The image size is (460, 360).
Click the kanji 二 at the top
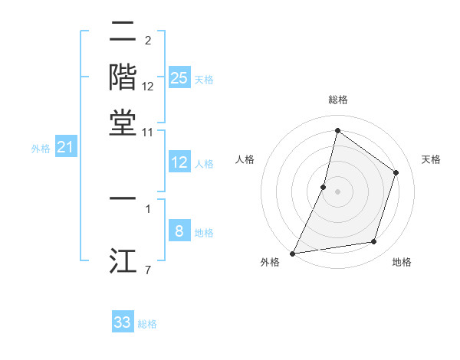[123, 32]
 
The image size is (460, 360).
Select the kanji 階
[123, 77]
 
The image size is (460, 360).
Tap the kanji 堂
[123, 122]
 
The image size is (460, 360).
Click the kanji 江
[123, 260]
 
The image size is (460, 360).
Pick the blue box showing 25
[179, 78]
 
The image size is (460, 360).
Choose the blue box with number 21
[65, 147]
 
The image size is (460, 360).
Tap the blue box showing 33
[123, 322]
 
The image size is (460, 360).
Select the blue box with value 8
[179, 231]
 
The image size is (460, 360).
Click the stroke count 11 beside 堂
[147, 133]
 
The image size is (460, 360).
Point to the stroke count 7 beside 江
[147, 270]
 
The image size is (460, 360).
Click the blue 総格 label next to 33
[147, 324]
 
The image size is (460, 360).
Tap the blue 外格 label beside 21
[40, 149]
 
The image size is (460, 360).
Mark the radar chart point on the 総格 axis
[337, 130]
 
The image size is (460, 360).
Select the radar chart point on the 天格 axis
[396, 172]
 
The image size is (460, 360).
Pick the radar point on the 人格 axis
[324, 187]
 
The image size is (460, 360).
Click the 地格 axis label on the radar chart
[402, 262]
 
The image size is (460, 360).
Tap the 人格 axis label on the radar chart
[245, 159]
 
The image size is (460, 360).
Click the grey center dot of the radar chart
[337, 191]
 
